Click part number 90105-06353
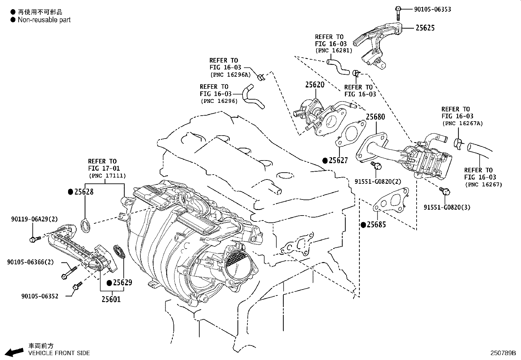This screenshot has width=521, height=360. [x=432, y=9]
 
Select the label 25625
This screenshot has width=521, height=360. [x=425, y=28]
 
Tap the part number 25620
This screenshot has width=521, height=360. [x=315, y=85]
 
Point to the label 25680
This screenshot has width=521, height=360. [x=375, y=117]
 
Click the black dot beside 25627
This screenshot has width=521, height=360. [x=325, y=161]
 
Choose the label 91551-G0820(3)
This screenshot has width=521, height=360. [x=447, y=207]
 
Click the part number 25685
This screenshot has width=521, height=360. [x=376, y=225]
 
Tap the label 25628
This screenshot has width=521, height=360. [x=84, y=192]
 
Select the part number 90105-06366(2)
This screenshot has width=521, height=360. [x=30, y=262]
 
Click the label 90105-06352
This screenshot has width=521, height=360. [x=40, y=296]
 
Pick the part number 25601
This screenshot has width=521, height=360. [x=111, y=299]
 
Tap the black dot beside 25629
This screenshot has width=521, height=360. [x=110, y=283]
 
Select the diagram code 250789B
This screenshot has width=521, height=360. [x=503, y=353]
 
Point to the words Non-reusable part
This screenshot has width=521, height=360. [x=44, y=20]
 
